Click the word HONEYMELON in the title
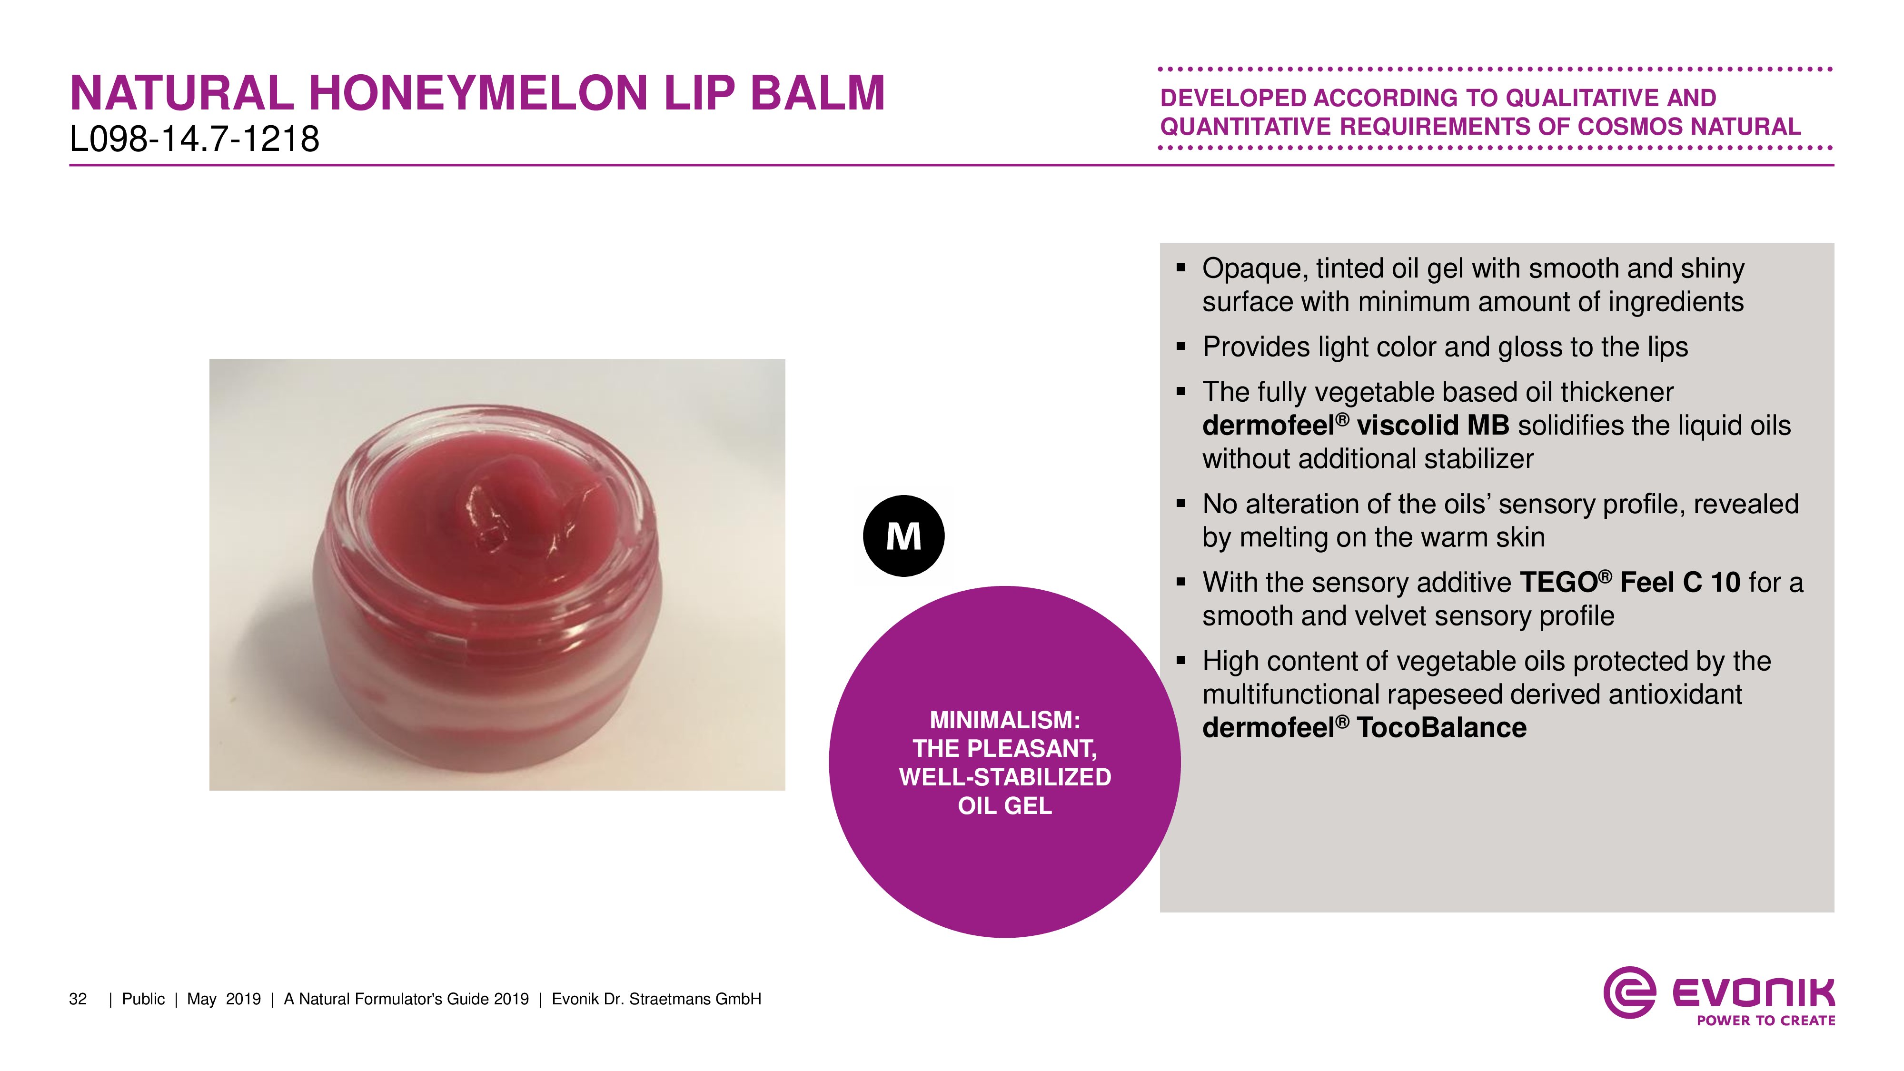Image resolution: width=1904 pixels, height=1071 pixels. point(479,93)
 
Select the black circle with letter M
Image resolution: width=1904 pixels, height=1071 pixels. point(903,536)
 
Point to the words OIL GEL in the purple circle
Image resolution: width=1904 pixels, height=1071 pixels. point(1004,806)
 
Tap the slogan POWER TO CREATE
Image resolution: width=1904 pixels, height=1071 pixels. point(1766,1021)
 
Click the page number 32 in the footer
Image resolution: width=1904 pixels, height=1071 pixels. point(78,999)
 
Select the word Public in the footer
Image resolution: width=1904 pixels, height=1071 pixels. point(143,999)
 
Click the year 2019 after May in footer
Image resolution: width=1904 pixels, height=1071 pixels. point(243,999)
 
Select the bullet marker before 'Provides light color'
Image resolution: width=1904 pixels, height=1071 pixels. point(1180,346)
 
